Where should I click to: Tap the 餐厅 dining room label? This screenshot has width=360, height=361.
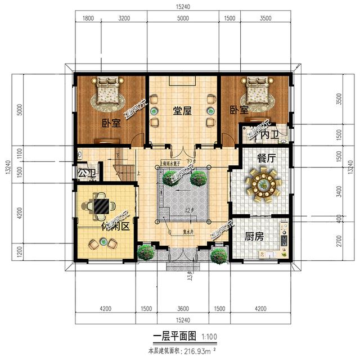point(266,159)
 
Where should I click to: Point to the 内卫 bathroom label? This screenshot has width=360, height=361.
point(271,135)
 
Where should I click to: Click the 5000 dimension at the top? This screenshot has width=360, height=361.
point(183,19)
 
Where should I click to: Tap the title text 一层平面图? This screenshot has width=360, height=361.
point(174,337)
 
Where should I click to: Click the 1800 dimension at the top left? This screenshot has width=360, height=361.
point(88,19)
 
